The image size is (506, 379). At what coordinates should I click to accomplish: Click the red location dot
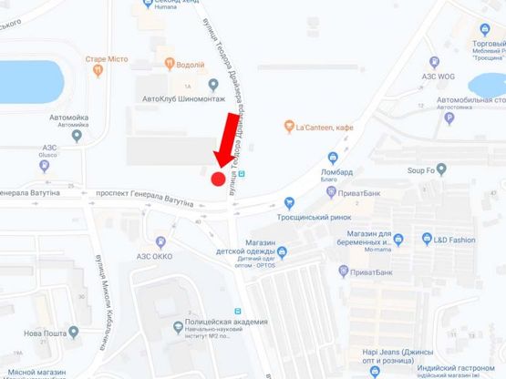[x=218, y=179]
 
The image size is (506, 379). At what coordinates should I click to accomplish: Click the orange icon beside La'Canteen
[x=288, y=126]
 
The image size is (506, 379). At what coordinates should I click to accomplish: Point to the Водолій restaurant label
[x=191, y=64]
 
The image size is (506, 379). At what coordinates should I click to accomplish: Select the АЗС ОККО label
[x=160, y=257]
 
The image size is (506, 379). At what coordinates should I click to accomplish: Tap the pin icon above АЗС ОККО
[x=160, y=242]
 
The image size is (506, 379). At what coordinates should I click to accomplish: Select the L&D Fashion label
[x=455, y=240]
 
